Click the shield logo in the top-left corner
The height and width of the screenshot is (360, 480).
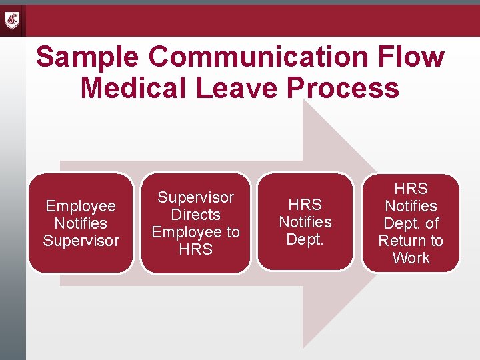(x=13, y=21)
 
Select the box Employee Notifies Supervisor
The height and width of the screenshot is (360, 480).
(x=81, y=223)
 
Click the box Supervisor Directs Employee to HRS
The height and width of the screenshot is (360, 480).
(x=195, y=223)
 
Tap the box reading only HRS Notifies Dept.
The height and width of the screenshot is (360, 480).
(x=305, y=222)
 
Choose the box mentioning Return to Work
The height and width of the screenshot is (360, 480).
(x=411, y=223)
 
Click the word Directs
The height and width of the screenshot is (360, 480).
(x=195, y=215)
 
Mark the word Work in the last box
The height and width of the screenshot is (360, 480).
(x=411, y=258)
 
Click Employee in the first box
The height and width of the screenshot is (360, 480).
(x=81, y=206)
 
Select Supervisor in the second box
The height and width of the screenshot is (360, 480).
(x=195, y=197)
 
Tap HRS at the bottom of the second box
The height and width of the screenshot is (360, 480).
(x=195, y=249)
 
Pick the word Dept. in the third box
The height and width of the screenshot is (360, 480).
(x=305, y=239)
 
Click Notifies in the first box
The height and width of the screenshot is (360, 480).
(x=81, y=223)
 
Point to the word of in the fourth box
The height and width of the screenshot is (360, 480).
(x=432, y=223)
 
